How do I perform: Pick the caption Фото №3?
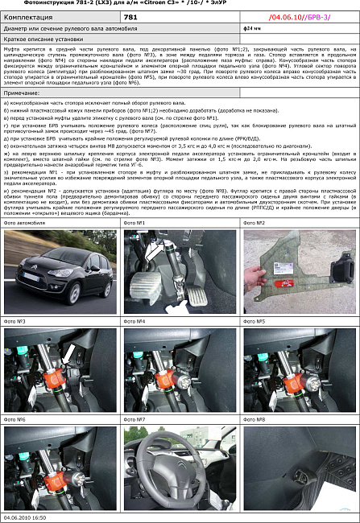(15, 321)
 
